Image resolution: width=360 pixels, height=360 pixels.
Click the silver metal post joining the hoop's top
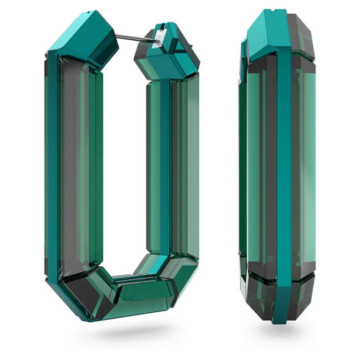coord(132,38)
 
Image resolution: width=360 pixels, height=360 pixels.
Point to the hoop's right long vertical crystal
coord(172,161)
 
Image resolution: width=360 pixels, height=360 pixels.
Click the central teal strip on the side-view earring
coord(284,161)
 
